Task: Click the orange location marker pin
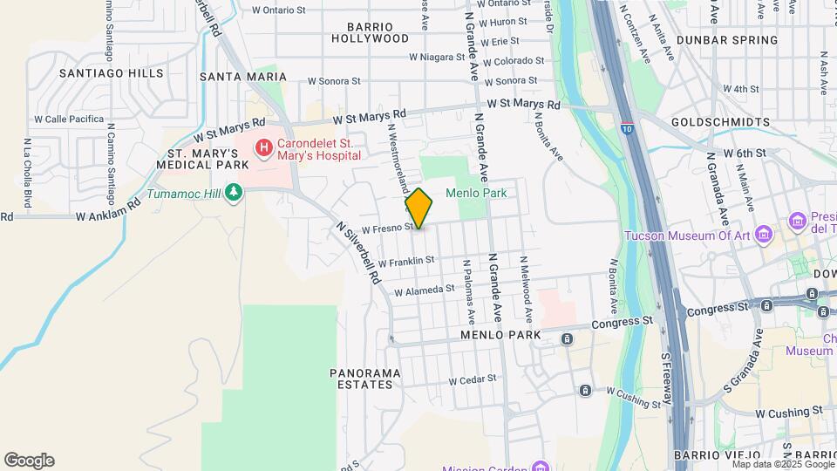(x=418, y=208)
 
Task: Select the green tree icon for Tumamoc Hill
(x=233, y=192)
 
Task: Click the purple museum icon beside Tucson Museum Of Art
(x=764, y=235)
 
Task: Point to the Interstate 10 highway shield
(x=627, y=128)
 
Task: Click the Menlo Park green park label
(x=476, y=193)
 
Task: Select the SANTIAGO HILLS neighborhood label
(x=100, y=74)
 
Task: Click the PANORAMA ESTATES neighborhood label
(x=365, y=379)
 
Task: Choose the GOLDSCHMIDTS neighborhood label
(x=721, y=122)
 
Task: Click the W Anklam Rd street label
(x=108, y=213)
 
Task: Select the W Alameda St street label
(x=425, y=289)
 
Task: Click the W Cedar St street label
(x=472, y=379)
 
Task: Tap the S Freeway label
(x=669, y=377)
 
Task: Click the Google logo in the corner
(x=29, y=460)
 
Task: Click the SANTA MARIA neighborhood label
(x=231, y=77)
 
